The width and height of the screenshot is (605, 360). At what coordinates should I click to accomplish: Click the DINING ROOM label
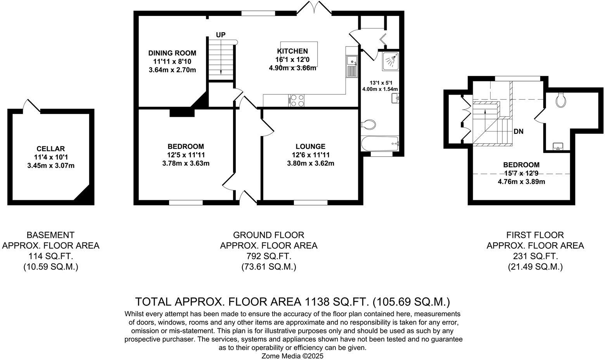172,53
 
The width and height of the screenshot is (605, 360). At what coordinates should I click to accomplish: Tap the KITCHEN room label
292,51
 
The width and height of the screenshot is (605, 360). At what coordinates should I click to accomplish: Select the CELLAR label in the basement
50,149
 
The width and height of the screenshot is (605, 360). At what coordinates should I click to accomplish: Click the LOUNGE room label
310,146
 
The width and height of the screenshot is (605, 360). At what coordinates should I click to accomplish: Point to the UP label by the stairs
220,35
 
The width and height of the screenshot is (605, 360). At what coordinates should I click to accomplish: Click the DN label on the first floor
518,132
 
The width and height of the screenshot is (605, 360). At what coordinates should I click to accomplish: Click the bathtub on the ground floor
380,144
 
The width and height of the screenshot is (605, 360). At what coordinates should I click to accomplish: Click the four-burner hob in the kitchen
297,100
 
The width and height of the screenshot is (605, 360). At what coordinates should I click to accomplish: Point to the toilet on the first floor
560,100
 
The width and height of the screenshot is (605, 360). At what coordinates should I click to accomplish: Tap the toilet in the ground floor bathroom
368,125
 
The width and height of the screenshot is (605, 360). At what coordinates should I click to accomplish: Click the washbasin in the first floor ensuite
558,146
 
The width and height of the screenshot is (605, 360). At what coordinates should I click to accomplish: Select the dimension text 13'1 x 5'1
380,83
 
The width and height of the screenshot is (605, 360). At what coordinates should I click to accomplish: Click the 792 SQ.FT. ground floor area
268,256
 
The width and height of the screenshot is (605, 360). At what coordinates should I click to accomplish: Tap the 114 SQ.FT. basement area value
50,256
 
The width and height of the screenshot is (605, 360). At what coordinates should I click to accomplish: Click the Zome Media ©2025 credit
292,356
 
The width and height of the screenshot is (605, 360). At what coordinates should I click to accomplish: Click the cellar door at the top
31,106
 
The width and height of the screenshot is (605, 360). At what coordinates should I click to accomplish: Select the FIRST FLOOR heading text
535,235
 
